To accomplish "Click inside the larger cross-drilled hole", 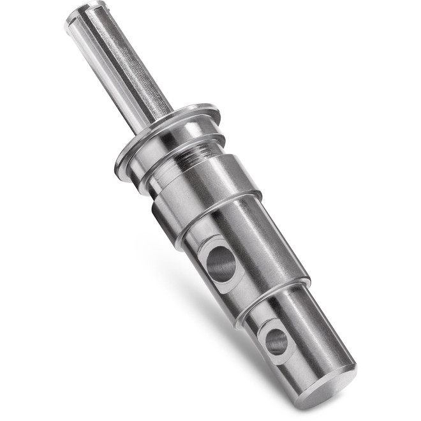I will tap(221, 263).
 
